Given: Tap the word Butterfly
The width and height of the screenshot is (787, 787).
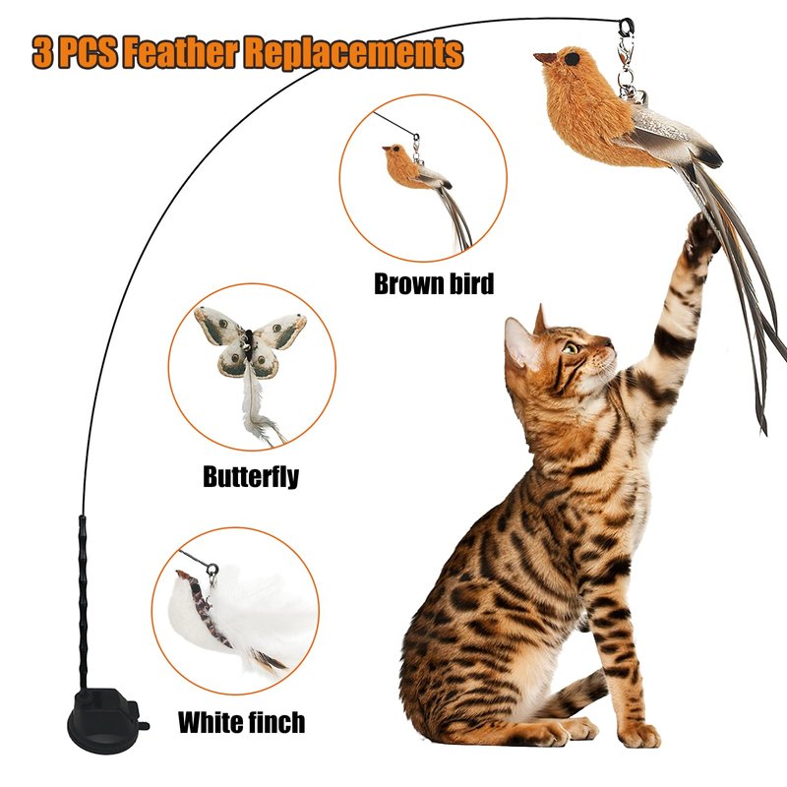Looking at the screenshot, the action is (251, 476).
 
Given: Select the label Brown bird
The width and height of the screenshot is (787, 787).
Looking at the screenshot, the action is (434, 283).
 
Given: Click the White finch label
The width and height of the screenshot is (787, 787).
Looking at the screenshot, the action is (241, 723).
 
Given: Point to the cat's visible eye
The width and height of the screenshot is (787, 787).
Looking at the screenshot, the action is (571, 347).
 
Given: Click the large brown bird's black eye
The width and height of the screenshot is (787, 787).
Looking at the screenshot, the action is (572, 59).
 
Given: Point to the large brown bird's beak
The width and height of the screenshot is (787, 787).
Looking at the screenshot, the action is (545, 58).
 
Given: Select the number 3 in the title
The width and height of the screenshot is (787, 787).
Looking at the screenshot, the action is (42, 52).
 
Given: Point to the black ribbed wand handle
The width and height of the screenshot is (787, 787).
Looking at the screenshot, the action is (83, 602).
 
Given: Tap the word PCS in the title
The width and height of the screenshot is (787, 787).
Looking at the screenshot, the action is (88, 52).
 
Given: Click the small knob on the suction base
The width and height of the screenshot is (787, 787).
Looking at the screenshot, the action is (144, 725).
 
